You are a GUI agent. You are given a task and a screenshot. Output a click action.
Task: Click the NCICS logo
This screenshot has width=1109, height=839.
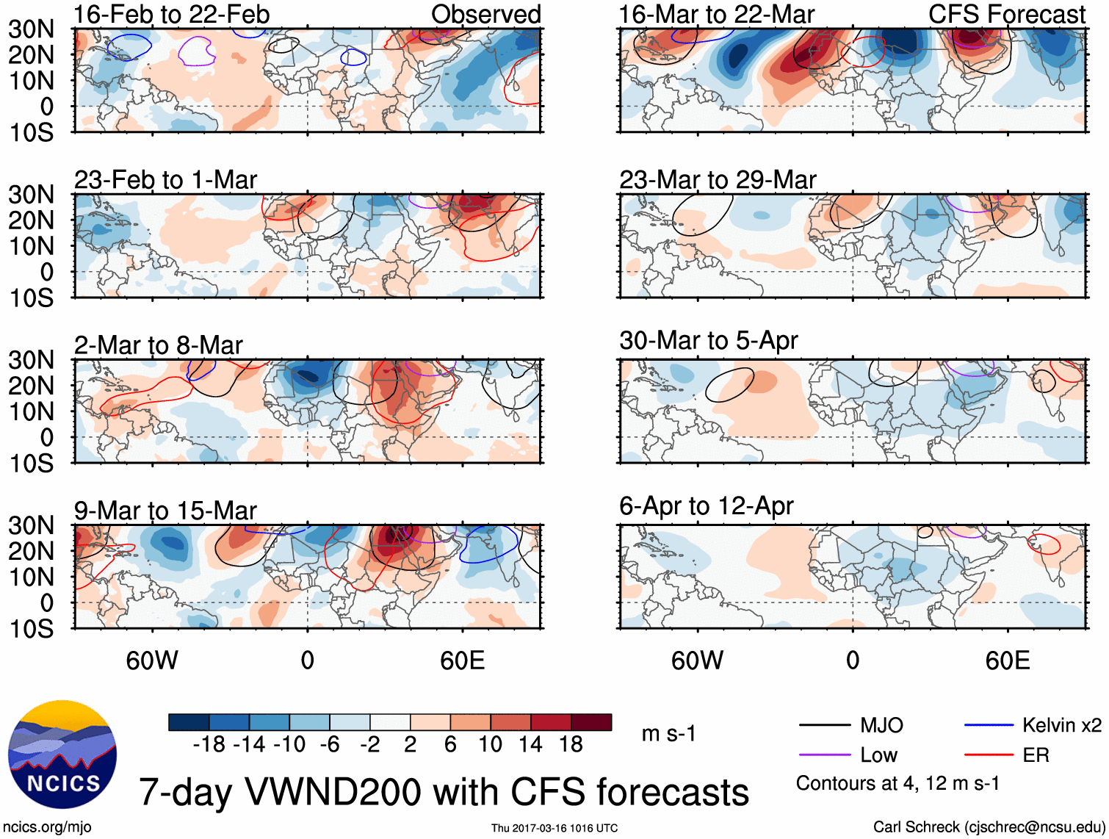pyautogui.click(x=62, y=755)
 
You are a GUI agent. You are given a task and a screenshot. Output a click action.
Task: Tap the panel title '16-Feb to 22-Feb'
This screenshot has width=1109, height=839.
pyautogui.click(x=172, y=14)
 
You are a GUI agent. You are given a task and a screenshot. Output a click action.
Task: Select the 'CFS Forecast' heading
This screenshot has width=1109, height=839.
pyautogui.click(x=1007, y=14)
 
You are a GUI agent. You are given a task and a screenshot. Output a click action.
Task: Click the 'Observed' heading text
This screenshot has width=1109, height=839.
pyautogui.click(x=486, y=14)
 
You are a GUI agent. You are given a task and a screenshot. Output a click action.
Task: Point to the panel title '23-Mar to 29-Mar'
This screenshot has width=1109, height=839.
pyautogui.click(x=718, y=179)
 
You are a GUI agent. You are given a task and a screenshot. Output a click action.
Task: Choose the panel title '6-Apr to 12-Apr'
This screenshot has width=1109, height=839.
pyautogui.click(x=706, y=505)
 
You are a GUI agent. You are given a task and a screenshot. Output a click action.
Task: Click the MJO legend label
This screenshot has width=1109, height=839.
pyautogui.click(x=881, y=725)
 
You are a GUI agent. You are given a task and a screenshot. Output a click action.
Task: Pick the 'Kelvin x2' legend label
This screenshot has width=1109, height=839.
pyautogui.click(x=1061, y=725)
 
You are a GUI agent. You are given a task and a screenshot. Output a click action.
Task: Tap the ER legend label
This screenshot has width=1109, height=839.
pyautogui.click(x=1036, y=755)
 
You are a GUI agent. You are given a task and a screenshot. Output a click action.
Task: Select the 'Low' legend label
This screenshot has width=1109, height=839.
pyautogui.click(x=878, y=755)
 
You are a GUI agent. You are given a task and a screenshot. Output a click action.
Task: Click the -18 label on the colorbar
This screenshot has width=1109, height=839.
pyautogui.click(x=209, y=744)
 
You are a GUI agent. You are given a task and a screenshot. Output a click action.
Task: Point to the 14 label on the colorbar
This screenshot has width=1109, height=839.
pyautogui.click(x=530, y=744)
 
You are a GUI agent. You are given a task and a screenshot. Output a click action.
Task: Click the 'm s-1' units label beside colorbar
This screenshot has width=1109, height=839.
pyautogui.click(x=668, y=733)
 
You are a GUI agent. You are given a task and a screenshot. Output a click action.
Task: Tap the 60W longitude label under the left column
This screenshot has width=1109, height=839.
pyautogui.click(x=152, y=660)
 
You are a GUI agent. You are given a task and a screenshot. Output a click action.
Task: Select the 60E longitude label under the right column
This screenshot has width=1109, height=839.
pyautogui.click(x=1007, y=660)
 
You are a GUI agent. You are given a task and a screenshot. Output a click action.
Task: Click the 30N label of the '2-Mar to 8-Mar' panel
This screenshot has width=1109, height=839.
pyautogui.click(x=32, y=360)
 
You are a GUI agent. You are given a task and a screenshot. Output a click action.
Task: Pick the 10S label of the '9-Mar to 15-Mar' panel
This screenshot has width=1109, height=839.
pyautogui.click(x=32, y=629)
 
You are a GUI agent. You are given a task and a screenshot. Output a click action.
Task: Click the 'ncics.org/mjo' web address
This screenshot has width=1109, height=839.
pyautogui.click(x=47, y=827)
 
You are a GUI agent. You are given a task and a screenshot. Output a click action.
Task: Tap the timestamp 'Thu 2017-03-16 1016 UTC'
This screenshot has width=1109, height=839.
pyautogui.click(x=554, y=828)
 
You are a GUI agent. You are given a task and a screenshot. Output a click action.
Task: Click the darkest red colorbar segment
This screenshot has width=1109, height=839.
pyautogui.click(x=591, y=722)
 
